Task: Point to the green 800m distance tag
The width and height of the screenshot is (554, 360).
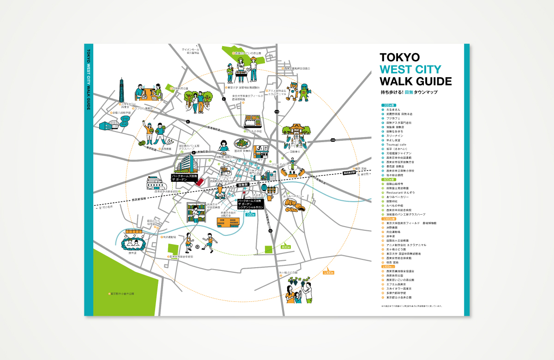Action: (285, 247)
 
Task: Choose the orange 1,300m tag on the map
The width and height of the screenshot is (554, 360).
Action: (328, 273)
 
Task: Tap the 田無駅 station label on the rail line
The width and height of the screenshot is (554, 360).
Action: (243, 185)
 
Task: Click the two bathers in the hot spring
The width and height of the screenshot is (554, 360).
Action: (133, 242)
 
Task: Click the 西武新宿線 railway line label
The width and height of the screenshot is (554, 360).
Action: (126, 200)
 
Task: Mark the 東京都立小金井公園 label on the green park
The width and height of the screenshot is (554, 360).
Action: (123, 294)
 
